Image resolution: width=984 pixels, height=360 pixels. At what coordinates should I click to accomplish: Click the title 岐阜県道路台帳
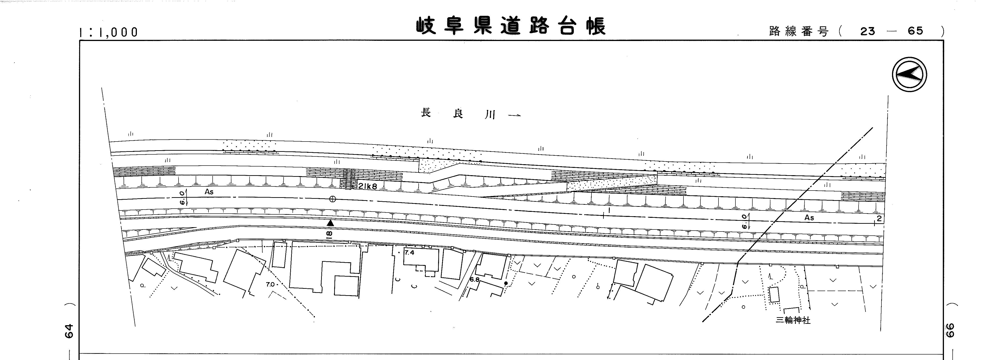click(511, 26)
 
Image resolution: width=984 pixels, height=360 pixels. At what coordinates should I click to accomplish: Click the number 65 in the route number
click(915, 31)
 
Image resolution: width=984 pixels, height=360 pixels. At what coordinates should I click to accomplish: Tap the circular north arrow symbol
click(910, 74)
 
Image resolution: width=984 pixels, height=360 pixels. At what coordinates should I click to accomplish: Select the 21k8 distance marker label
click(367, 186)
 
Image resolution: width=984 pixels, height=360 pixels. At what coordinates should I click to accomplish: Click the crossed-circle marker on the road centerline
click(333, 199)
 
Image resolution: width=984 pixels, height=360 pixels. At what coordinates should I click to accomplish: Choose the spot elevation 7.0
click(270, 284)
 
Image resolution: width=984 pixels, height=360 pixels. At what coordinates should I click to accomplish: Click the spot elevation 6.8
click(474, 279)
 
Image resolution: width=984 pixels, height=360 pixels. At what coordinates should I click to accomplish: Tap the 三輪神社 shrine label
click(793, 320)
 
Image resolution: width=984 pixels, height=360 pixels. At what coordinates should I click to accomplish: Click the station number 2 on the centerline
click(879, 219)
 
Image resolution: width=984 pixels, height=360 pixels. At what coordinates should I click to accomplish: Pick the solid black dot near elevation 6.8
click(506, 284)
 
